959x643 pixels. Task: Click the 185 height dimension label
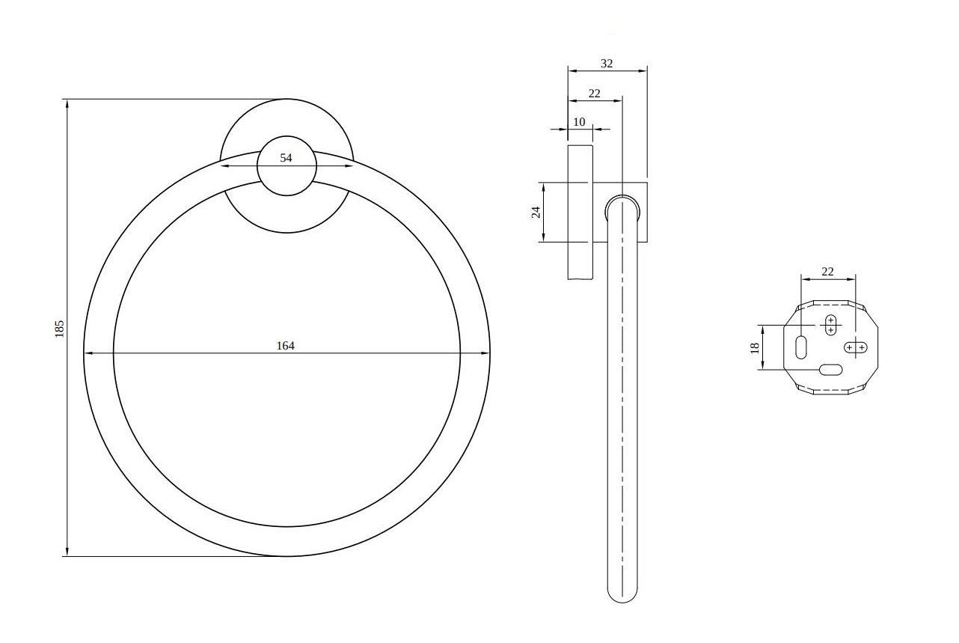pos(60,329)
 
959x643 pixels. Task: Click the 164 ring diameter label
pos(286,346)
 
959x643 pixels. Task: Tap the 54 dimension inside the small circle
pos(286,158)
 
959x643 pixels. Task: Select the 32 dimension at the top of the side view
pos(607,64)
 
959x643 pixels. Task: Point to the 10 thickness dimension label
pos(579,122)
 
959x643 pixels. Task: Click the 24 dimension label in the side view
pos(536,212)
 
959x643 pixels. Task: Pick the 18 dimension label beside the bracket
pos(755,347)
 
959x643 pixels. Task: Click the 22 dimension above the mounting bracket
pos(827,272)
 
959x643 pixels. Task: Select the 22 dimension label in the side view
pos(594,94)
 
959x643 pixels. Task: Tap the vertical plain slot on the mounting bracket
pos(800,347)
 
